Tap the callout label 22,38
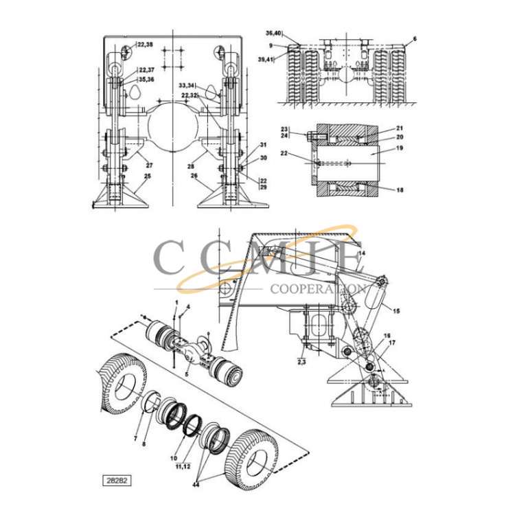click(x=144, y=45)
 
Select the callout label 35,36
click(x=146, y=79)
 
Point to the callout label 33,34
click(x=187, y=85)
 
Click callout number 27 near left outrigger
click(x=149, y=165)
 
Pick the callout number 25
click(x=146, y=177)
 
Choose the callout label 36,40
click(x=273, y=33)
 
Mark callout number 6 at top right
click(x=415, y=39)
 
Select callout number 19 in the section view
click(x=400, y=148)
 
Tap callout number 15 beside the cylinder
click(x=396, y=311)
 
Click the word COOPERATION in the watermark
click(x=318, y=289)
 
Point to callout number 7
click(x=136, y=437)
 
